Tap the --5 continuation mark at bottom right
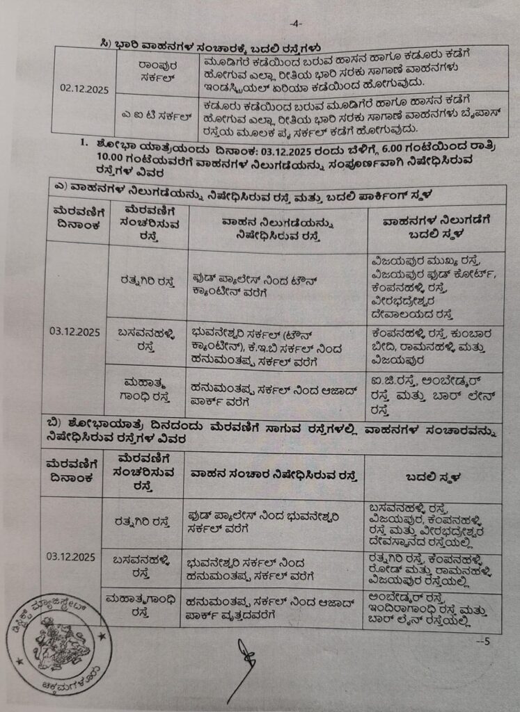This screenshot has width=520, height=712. click(x=482, y=641)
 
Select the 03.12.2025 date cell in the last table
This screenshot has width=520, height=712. click(x=72, y=556)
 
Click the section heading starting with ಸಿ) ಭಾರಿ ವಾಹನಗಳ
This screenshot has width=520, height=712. click(x=210, y=47)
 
